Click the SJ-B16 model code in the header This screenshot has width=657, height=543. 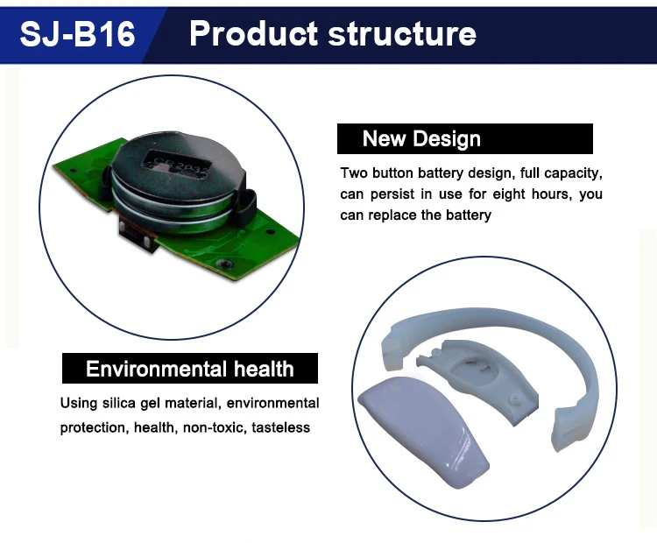(x=78, y=33)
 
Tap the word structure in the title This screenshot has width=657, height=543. (x=403, y=33)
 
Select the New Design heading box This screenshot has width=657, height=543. (x=464, y=139)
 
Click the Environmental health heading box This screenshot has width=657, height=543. (x=189, y=369)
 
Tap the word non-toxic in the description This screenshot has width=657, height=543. (x=212, y=427)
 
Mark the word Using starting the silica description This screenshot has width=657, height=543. (x=77, y=404)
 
